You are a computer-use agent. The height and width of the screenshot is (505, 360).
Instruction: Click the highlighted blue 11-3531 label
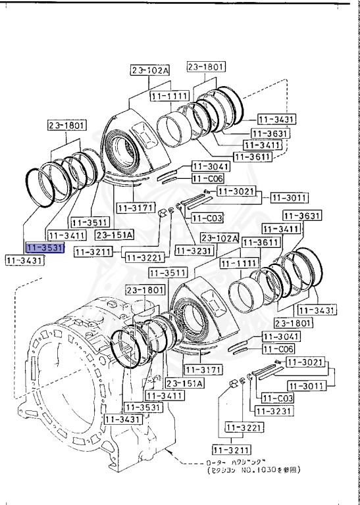point(44,247)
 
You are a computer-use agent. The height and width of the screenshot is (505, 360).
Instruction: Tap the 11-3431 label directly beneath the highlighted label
point(24,261)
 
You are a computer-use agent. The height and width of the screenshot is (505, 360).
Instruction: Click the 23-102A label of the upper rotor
point(149,71)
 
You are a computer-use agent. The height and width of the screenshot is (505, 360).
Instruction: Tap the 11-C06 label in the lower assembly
point(279,349)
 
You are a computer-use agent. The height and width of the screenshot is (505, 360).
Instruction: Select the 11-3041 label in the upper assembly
point(208,166)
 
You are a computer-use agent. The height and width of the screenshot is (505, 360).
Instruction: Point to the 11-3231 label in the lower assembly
point(272,411)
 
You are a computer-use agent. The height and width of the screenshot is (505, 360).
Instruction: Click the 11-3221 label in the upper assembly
point(141,257)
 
